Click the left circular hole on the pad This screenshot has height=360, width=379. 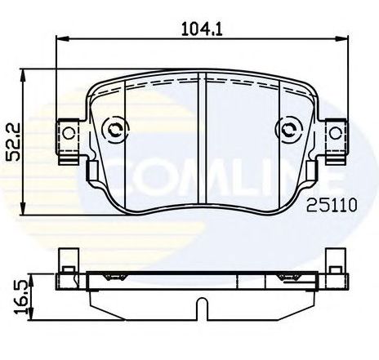(114, 128)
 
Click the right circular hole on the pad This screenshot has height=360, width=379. (288, 128)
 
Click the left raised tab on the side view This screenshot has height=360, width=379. (66, 260)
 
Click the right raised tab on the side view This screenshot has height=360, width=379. (335, 260)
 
